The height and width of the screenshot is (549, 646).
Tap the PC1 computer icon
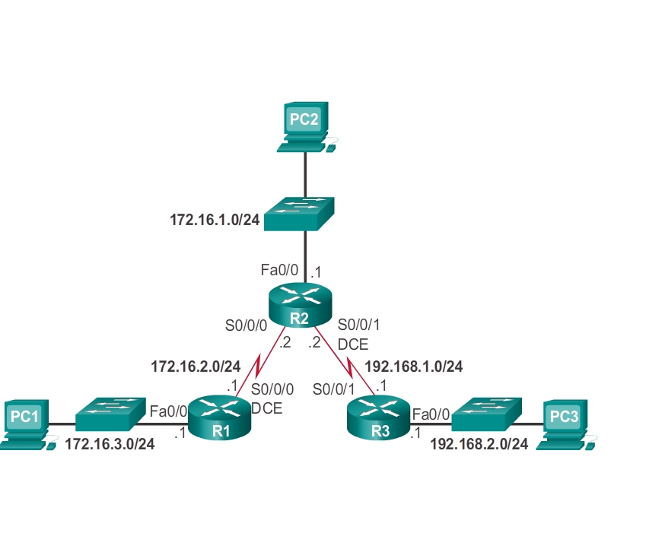pos(24,420)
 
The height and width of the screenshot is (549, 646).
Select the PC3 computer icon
pos(564,420)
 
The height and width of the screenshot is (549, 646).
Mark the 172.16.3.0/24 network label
pos(110,444)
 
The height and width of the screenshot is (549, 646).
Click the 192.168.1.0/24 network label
pos(415,367)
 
